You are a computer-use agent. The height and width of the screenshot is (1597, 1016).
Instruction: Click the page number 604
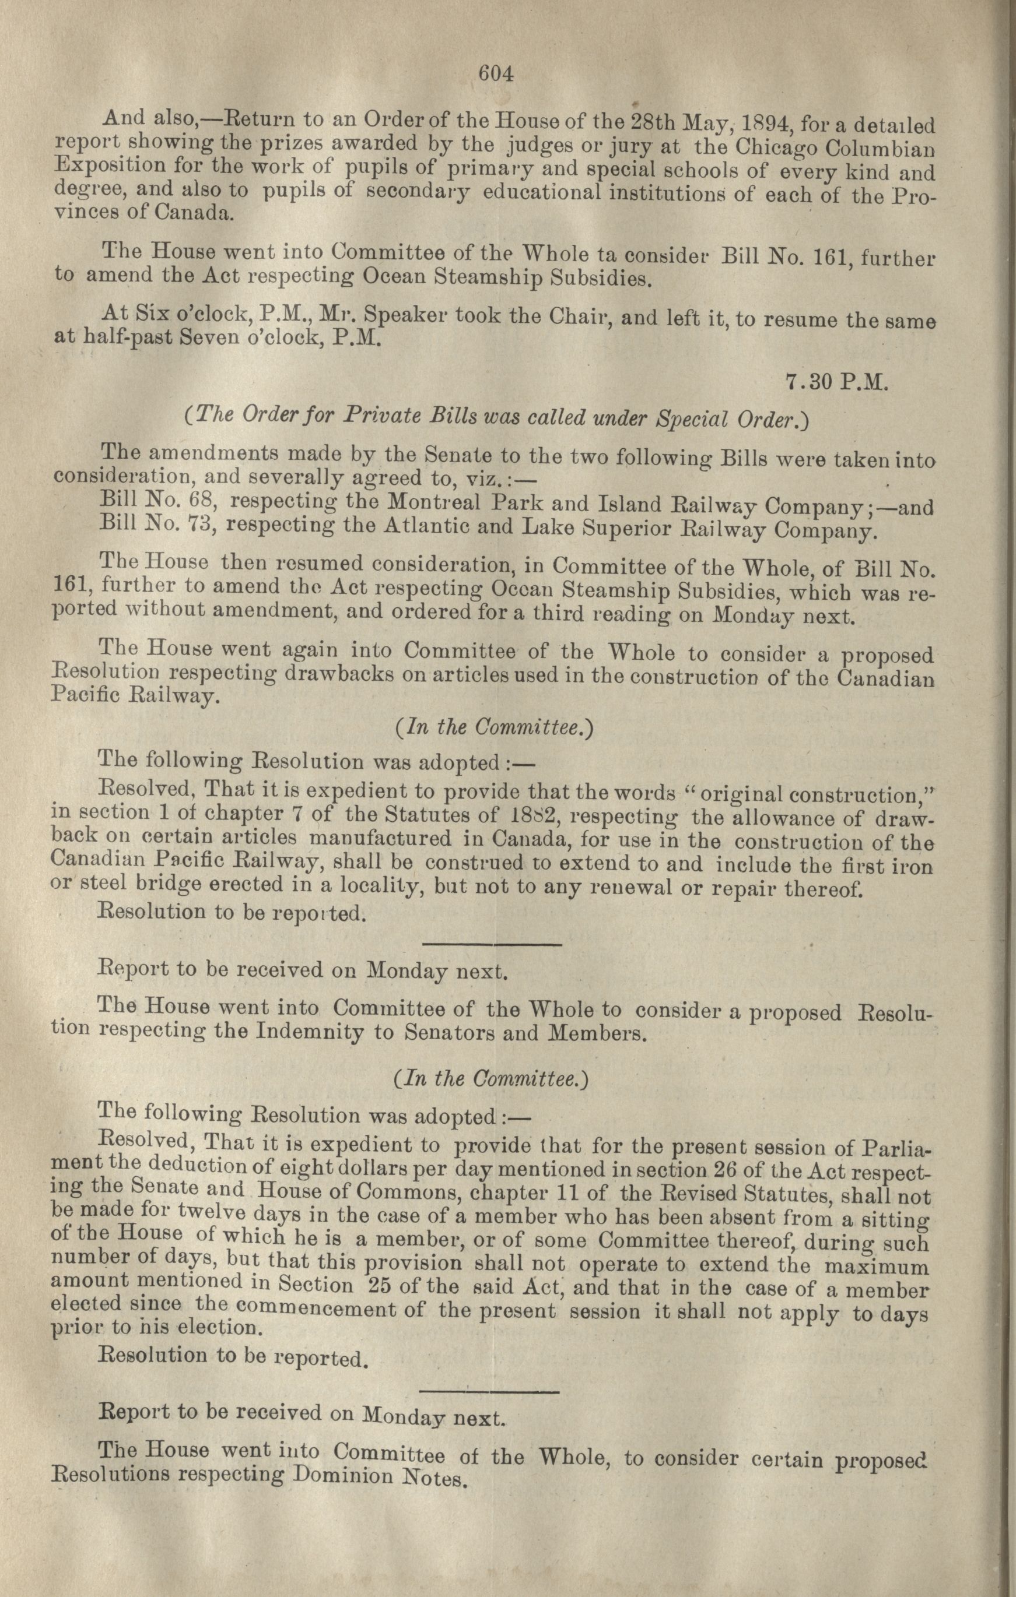[x=496, y=74]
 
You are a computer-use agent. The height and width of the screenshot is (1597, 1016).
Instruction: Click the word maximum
[x=877, y=1265]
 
